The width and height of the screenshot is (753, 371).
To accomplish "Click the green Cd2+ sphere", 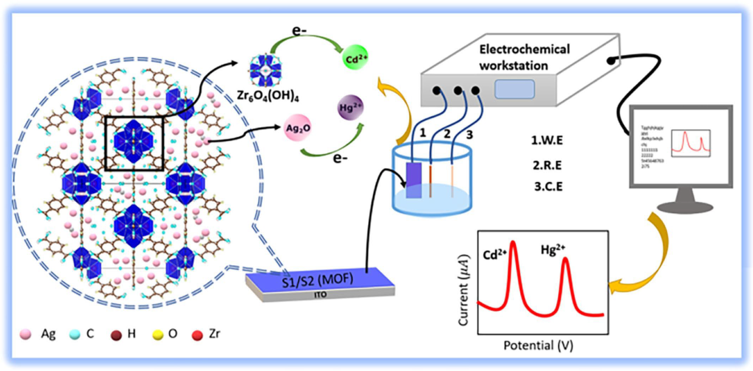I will click(355, 57).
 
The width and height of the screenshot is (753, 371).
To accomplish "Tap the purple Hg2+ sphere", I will click(350, 107).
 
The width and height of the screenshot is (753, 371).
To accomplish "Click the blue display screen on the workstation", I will click(514, 89).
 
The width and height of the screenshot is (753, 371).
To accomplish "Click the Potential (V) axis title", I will click(538, 346).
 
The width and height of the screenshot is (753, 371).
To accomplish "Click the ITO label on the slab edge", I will click(320, 295).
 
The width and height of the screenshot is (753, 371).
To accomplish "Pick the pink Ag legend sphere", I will click(25, 334).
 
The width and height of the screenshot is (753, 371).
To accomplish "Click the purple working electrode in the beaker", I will click(414, 180).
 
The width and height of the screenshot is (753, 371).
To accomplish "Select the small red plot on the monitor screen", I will click(690, 143).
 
